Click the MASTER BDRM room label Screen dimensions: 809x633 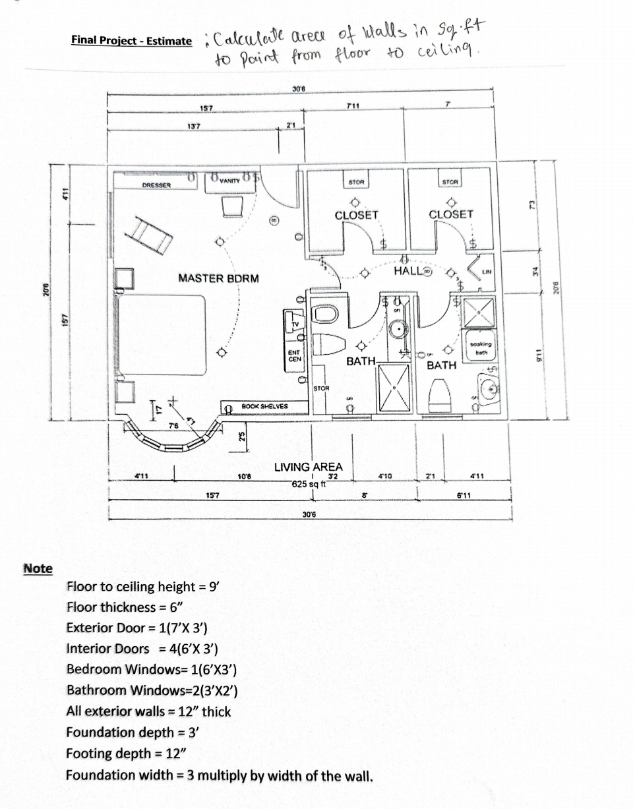coord(218,278)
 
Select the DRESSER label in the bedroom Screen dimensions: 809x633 coord(156,185)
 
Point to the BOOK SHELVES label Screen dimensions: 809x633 coord(265,406)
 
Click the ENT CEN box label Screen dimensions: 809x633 coord(295,356)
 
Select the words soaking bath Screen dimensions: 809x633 coord(481,347)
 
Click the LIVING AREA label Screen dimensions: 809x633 coord(309,467)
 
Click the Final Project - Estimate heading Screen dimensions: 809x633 coord(131,40)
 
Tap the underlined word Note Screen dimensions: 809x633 coord(38,568)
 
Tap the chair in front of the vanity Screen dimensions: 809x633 coord(232,208)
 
